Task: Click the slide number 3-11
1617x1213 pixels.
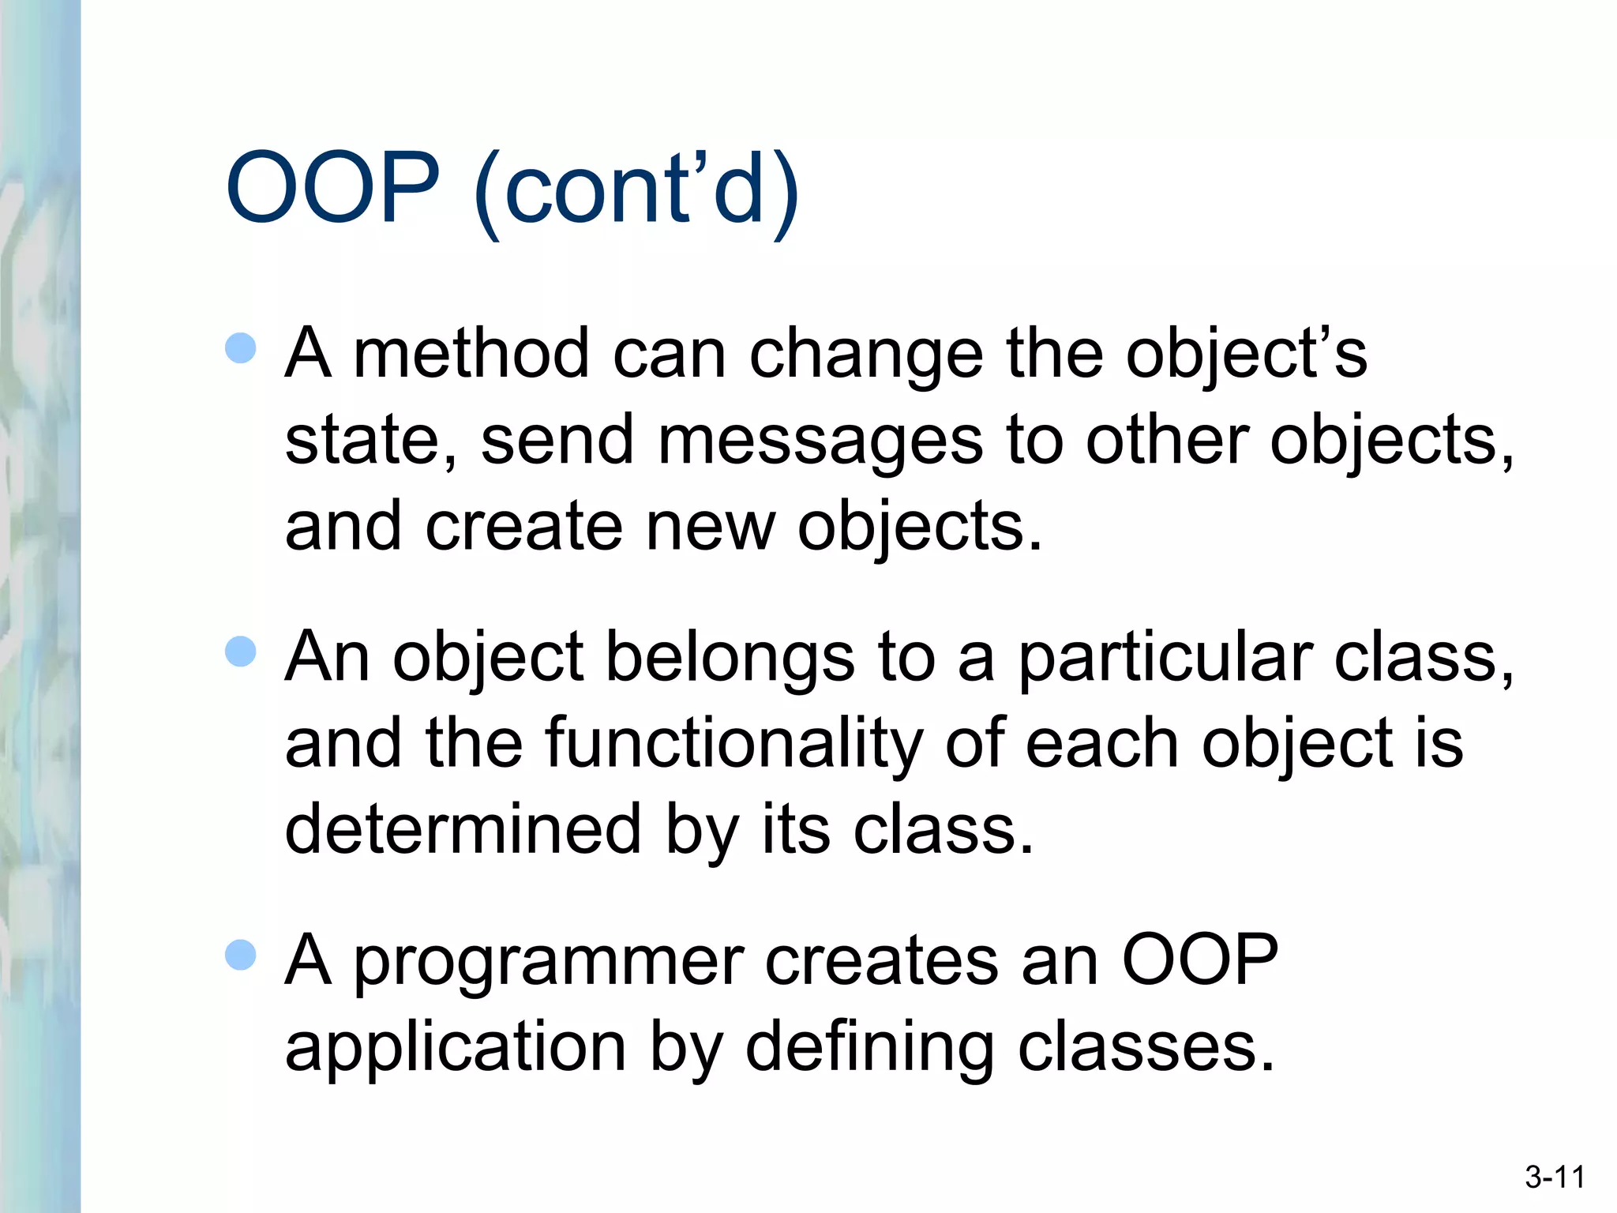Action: pyautogui.click(x=1555, y=1177)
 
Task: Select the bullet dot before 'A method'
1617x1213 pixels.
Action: pyautogui.click(x=241, y=347)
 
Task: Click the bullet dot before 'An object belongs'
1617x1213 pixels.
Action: pyautogui.click(x=241, y=652)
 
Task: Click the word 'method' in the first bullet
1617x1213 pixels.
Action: pyautogui.click(x=471, y=354)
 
